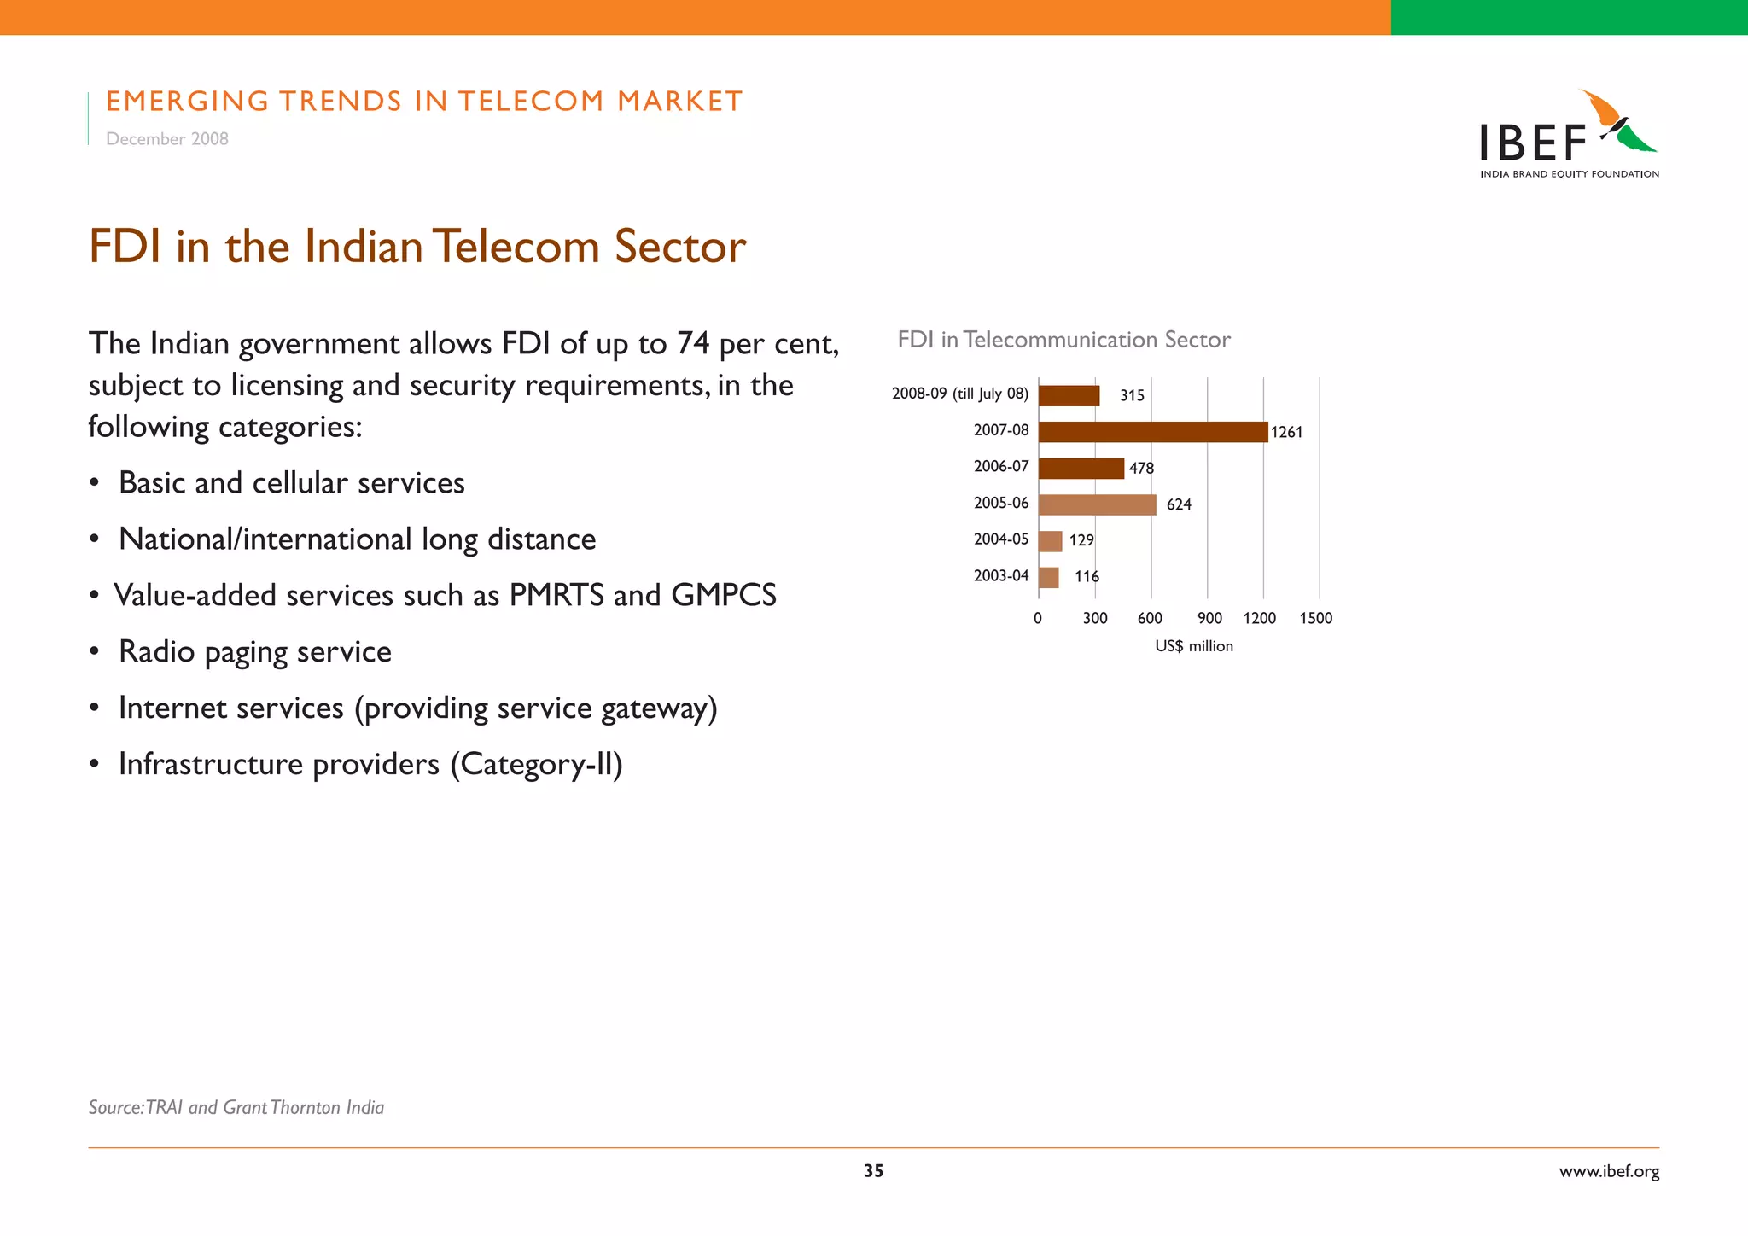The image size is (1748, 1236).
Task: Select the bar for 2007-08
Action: tap(1152, 432)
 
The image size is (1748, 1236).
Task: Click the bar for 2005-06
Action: tap(1097, 504)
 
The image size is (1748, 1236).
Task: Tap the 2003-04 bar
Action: tap(1048, 578)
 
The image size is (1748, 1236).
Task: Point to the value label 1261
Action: tap(1286, 432)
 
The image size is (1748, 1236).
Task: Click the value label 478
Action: tap(1141, 468)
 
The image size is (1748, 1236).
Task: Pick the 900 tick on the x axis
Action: tap(1209, 618)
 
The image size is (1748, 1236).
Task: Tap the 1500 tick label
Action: tap(1315, 618)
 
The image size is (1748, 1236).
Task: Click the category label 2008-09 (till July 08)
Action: tap(959, 394)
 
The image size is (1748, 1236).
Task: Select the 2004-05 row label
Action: tap(1000, 539)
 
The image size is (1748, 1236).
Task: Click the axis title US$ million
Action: tap(1193, 646)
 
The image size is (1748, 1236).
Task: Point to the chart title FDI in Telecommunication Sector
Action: tap(1063, 340)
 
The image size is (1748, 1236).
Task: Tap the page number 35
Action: tap(873, 1171)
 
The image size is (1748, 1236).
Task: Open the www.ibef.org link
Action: tap(1609, 1171)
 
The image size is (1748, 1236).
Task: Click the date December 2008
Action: tap(167, 139)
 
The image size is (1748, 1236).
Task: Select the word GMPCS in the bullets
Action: tap(724, 595)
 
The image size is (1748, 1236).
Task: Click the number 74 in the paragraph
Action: tap(693, 343)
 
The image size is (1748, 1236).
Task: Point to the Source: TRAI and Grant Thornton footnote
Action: tap(236, 1107)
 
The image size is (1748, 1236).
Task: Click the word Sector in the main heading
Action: tap(680, 247)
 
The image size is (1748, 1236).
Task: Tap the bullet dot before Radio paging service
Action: tap(96, 652)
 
